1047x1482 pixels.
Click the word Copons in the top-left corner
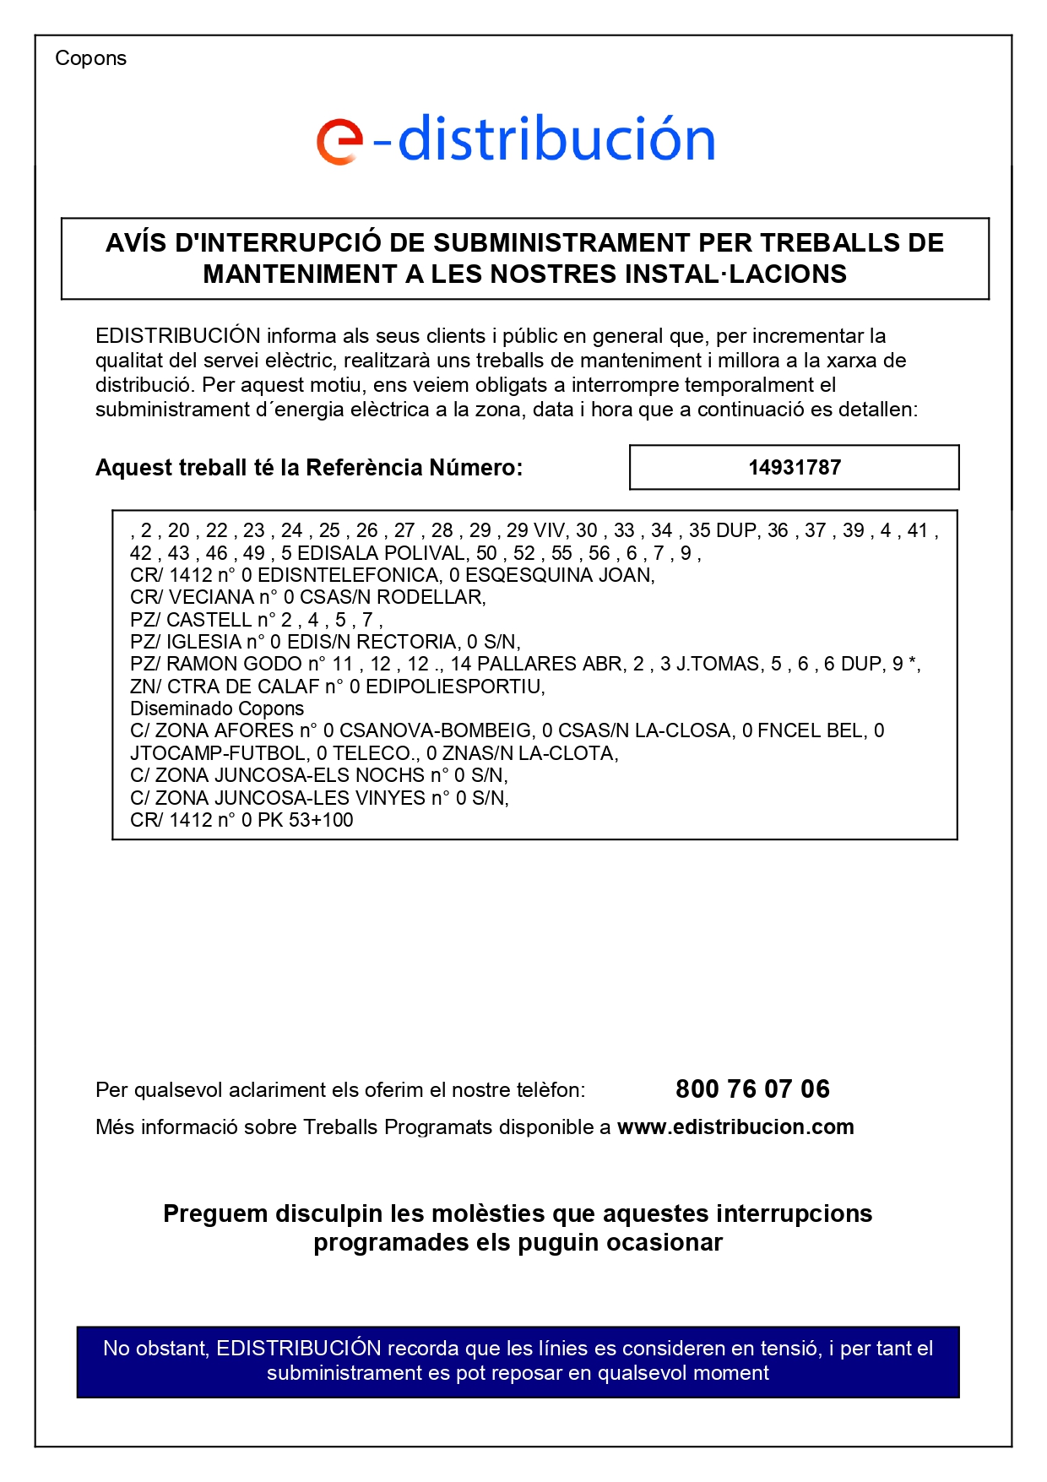pos(90,58)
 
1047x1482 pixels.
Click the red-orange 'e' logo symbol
pos(339,141)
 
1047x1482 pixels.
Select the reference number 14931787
pos(794,467)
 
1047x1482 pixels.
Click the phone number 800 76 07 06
pos(752,1088)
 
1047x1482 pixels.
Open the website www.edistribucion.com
pos(735,1126)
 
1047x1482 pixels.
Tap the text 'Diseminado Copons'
pos(217,708)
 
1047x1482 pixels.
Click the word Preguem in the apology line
pos(214,1213)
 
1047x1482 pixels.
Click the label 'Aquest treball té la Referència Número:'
pos(309,467)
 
